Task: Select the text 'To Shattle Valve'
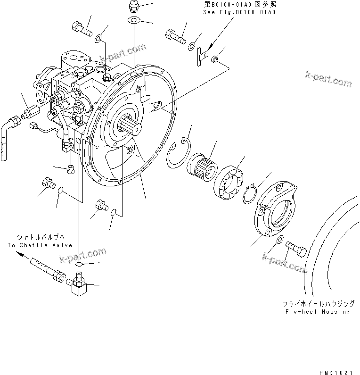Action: click(x=40, y=245)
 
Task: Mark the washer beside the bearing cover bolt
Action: click(x=279, y=241)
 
